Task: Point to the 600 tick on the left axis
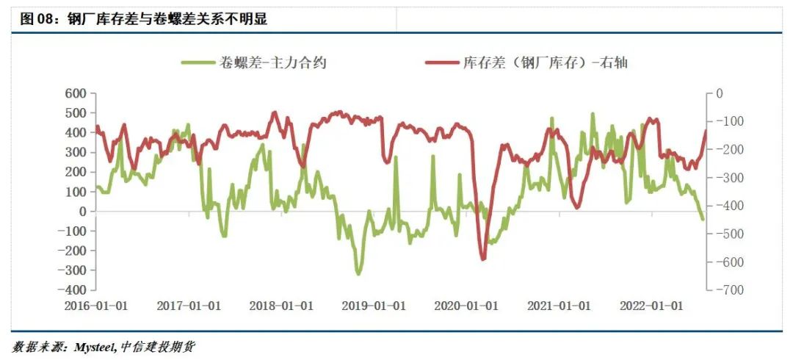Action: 76,93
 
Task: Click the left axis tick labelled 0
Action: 83,212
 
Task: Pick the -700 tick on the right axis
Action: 729,290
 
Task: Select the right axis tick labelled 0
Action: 720,93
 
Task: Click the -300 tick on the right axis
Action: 729,178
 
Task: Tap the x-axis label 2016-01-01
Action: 97,306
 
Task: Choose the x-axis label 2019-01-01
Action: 373,306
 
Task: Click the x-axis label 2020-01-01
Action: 466,306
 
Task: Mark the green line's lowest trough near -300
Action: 358,274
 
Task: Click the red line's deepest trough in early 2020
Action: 483,259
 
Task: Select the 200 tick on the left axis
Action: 76,172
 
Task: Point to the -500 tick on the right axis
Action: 729,234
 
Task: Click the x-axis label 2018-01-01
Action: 281,306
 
